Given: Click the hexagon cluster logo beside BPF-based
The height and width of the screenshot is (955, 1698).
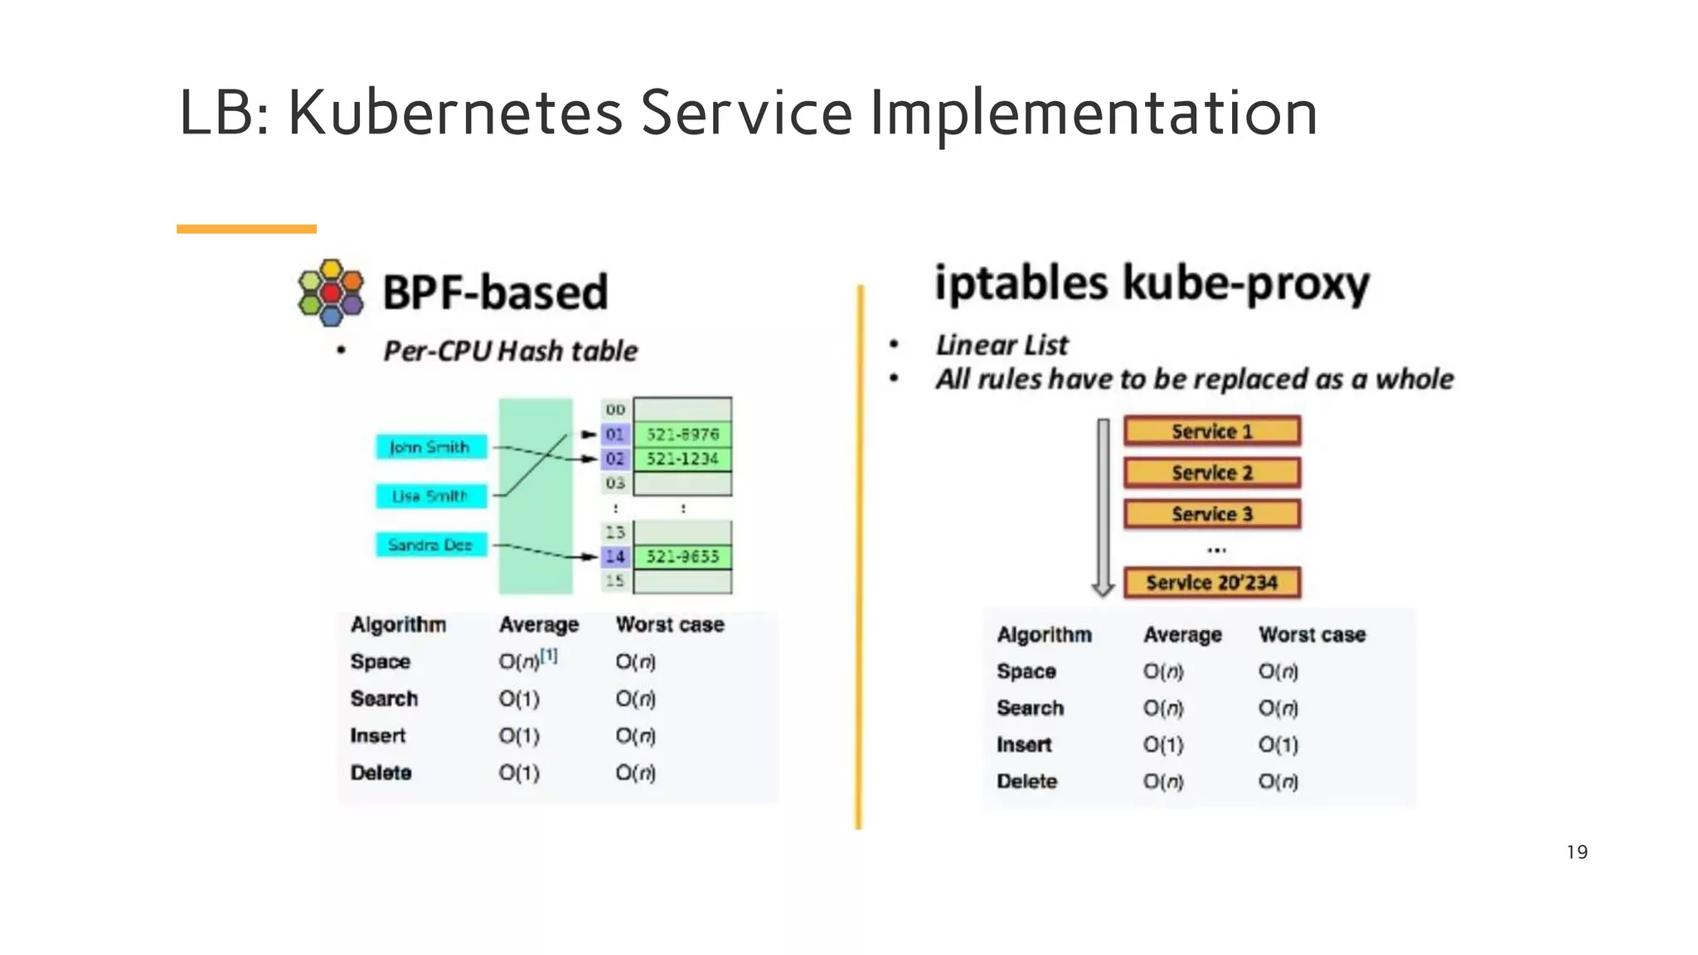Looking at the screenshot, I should click(x=331, y=293).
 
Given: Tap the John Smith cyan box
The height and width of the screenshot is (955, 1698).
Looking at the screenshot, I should click(x=430, y=447).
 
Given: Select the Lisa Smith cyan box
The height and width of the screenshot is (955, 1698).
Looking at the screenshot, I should click(x=430, y=496).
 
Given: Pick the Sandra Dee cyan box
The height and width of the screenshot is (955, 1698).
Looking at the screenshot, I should click(x=430, y=545).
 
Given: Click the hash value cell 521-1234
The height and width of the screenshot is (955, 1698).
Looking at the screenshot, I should click(x=682, y=458).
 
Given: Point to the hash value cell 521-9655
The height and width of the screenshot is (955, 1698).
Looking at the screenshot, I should click(x=682, y=556).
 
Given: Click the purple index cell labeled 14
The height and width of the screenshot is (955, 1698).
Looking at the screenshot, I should click(x=614, y=556).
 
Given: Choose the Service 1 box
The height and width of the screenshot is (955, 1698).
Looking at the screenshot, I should click(x=1211, y=431).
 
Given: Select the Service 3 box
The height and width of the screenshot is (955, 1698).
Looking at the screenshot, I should click(x=1211, y=514).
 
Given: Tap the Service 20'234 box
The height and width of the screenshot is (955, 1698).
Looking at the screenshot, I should click(x=1211, y=583).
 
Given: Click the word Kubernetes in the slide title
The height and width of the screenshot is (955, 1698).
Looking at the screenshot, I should click(x=454, y=113).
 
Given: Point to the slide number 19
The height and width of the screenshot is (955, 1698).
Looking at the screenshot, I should click(x=1577, y=852).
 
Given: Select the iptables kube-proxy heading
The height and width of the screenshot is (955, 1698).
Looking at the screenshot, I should click(x=1152, y=284).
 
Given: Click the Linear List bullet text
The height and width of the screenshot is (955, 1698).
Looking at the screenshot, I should click(x=1002, y=345).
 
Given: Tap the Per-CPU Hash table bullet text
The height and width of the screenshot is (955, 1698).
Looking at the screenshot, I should click(x=510, y=351).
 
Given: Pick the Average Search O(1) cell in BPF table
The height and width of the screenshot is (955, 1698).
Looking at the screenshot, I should click(x=519, y=699).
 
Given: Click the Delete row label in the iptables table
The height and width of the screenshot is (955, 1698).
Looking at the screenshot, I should click(x=1026, y=782).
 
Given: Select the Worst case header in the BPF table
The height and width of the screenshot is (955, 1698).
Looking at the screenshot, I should click(x=670, y=624).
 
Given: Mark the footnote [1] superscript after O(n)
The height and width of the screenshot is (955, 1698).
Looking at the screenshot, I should click(x=549, y=656).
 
